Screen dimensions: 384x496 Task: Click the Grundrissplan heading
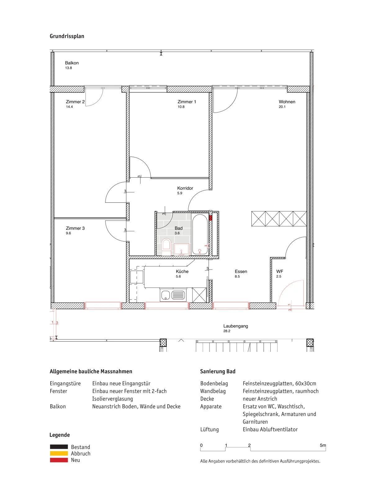tap(67, 36)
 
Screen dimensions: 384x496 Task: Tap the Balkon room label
tap(72, 63)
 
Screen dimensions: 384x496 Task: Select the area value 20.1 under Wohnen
tap(282, 107)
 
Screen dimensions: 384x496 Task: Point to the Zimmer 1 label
tap(187, 102)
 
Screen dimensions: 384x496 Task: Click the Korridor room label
tap(185, 188)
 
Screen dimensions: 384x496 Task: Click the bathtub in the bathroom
tap(200, 234)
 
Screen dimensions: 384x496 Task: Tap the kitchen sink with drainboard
tap(173, 295)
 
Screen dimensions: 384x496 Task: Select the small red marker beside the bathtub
tap(210, 218)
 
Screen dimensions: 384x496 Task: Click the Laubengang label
tap(236, 326)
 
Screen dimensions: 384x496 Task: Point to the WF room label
tap(280, 271)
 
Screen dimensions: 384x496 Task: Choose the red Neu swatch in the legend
tap(59, 460)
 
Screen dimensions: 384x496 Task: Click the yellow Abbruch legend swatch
tap(59, 453)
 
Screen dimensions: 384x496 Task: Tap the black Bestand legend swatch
tap(59, 447)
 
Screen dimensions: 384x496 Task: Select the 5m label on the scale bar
tap(323, 445)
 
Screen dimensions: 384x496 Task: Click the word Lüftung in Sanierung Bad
tap(210, 429)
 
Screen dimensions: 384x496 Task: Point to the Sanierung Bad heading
tap(218, 371)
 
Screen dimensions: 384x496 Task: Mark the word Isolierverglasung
tap(113, 399)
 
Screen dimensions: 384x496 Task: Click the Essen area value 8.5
tap(237, 277)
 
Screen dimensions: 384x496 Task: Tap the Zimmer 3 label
tap(75, 228)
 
